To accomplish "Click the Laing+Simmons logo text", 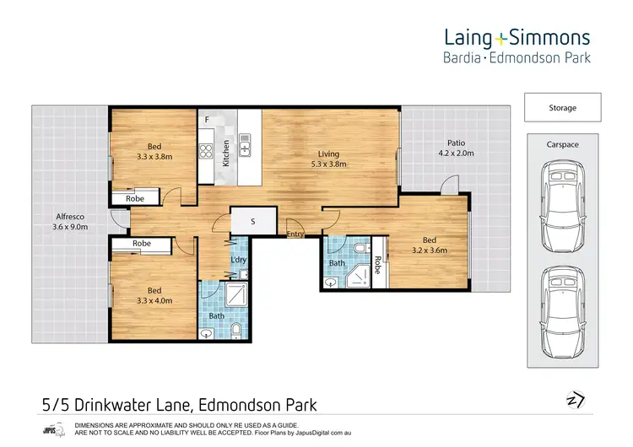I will [517, 37].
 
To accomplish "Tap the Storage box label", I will [563, 108].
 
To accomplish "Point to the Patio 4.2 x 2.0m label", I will [456, 148].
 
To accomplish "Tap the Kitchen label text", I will [226, 153].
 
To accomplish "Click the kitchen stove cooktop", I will [206, 151].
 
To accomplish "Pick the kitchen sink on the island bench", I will [246, 145].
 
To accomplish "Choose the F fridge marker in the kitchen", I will [207, 121].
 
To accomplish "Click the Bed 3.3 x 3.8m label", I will [154, 151].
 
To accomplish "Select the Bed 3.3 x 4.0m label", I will [154, 294].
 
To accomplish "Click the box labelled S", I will [252, 221].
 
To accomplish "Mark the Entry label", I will [295, 234].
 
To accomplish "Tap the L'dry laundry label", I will [239, 260].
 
